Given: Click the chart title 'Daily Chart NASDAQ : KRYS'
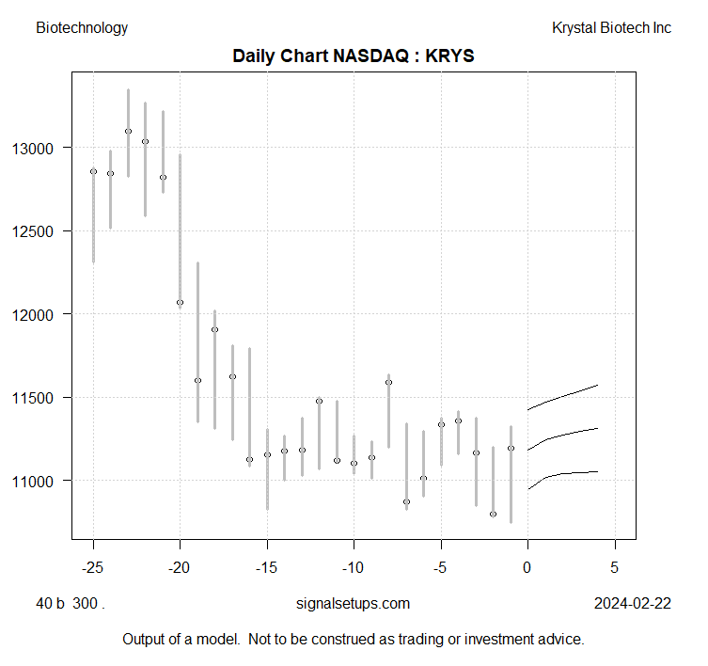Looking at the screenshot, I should point(354,56).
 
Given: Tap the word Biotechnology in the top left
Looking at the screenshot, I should point(82,28).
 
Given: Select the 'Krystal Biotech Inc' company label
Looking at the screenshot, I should point(611,28).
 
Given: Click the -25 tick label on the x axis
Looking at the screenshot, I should point(93,569).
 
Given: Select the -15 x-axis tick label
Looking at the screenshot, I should point(267,569).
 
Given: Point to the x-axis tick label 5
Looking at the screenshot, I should point(615,569).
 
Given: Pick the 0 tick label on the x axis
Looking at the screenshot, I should point(527,569).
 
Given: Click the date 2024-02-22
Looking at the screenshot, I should point(633,604).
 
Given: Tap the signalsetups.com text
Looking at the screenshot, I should point(353,604).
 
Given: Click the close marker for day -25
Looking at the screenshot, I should point(93,171).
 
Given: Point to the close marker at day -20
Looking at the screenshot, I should point(180,302).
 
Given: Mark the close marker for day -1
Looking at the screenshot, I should point(511,448).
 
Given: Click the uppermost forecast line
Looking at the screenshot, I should point(564,396).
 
